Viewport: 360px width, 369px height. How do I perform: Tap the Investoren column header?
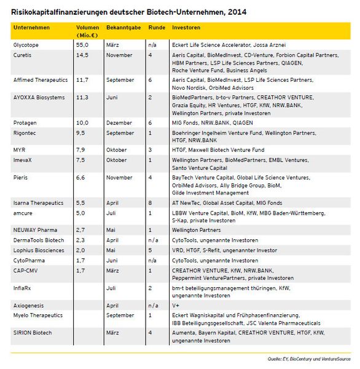[x=186, y=28]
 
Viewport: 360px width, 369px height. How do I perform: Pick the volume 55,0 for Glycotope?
[x=82, y=45]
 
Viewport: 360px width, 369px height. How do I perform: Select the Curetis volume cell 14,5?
[x=82, y=55]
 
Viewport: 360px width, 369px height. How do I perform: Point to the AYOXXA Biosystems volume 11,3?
[x=82, y=97]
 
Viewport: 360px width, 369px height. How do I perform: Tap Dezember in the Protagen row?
[x=119, y=122]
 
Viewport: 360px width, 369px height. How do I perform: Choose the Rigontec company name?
[x=26, y=133]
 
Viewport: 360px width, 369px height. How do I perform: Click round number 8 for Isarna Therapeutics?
[x=150, y=202]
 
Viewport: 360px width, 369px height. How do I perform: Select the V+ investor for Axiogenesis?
[x=176, y=305]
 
